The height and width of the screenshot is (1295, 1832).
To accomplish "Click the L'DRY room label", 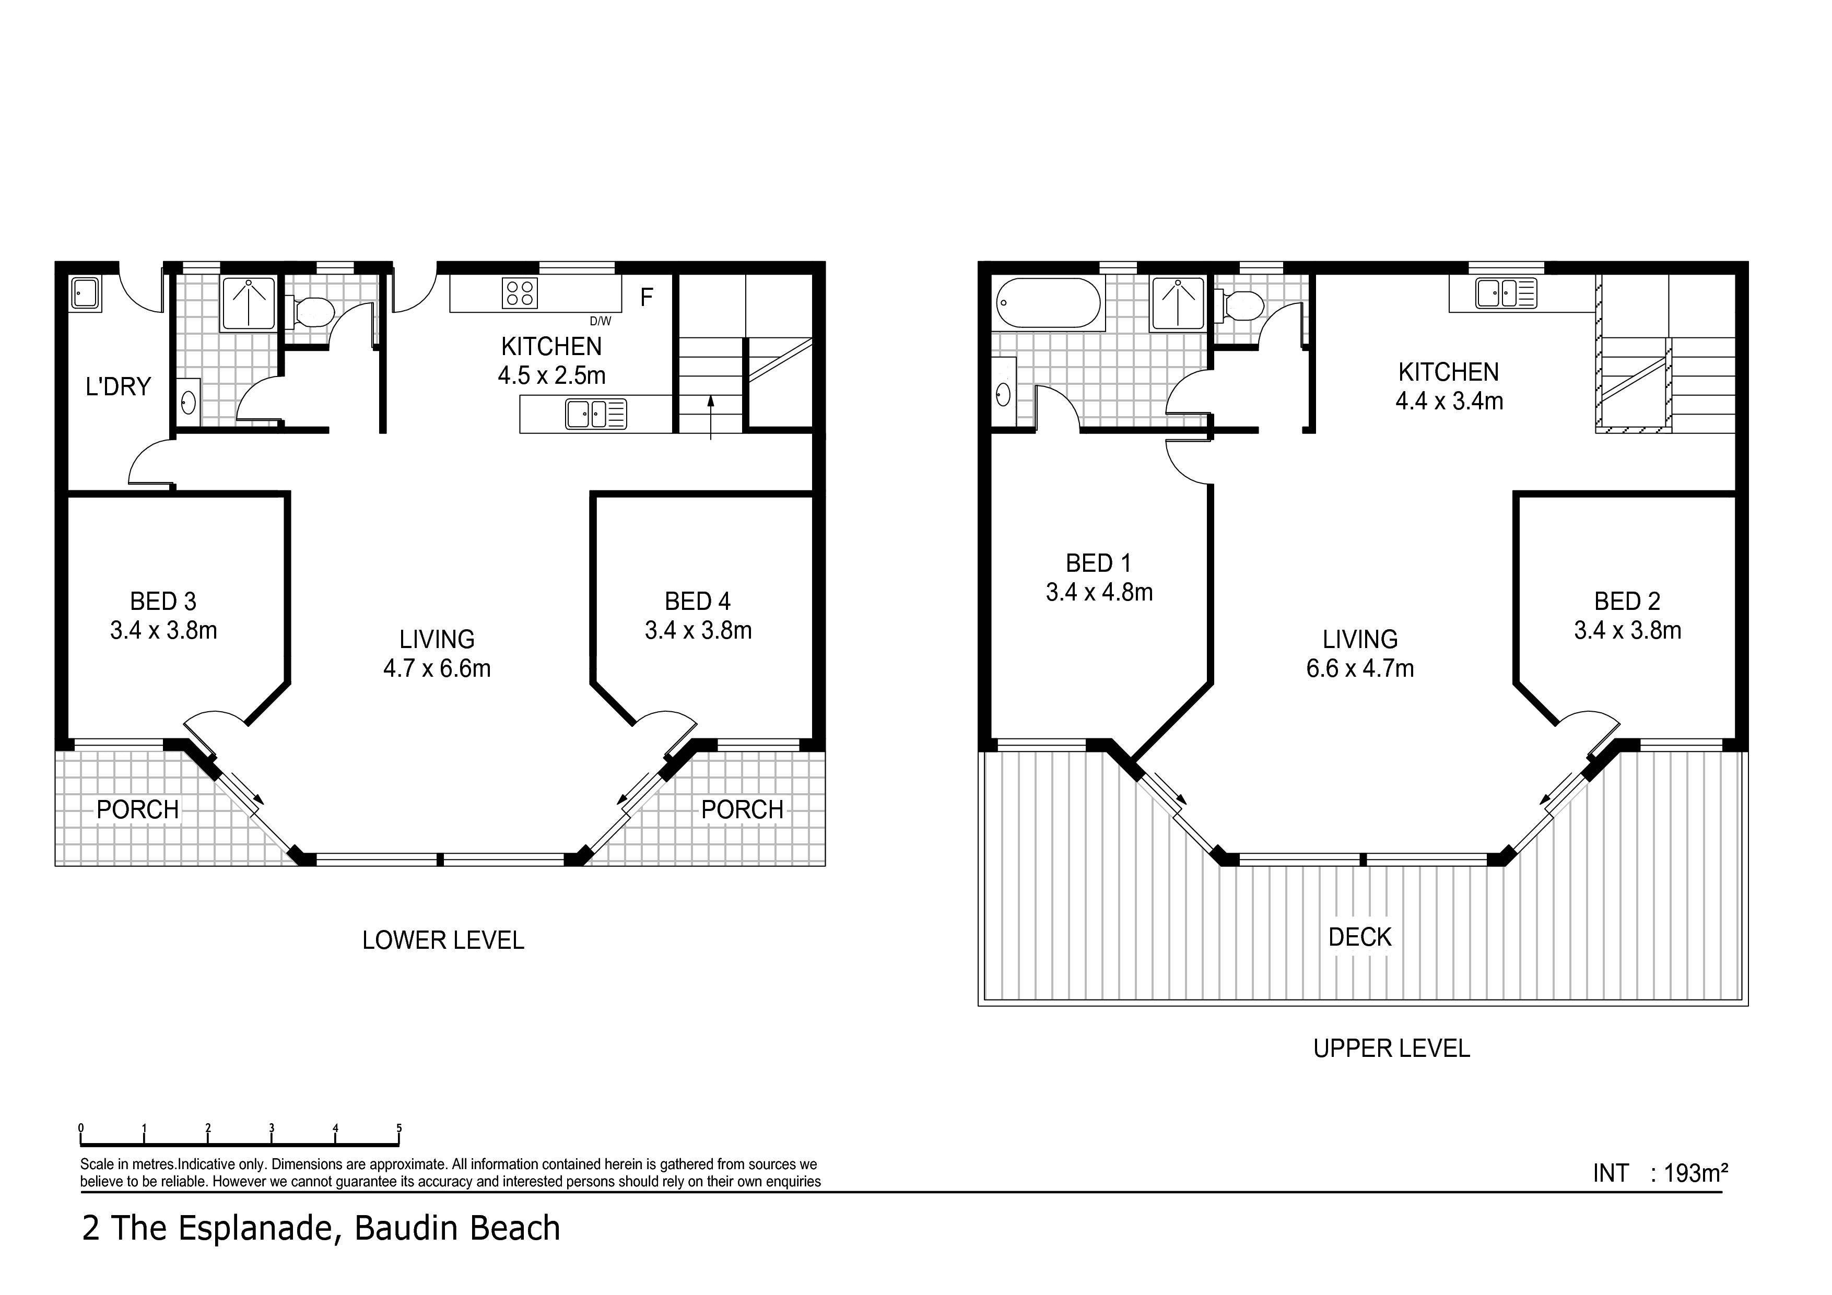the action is pyautogui.click(x=118, y=387).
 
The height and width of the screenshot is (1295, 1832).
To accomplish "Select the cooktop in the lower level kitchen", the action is pyautogui.click(x=520, y=293).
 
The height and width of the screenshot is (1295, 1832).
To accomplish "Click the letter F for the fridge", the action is pyautogui.click(x=647, y=298).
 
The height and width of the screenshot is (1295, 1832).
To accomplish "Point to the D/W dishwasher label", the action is pyautogui.click(x=601, y=322).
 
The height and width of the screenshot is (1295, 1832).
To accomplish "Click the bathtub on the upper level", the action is pyautogui.click(x=1049, y=303).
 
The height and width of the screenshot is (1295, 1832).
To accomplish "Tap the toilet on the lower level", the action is pyautogui.click(x=313, y=312).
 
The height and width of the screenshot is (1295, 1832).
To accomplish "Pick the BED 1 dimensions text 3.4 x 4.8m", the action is pyautogui.click(x=1099, y=593).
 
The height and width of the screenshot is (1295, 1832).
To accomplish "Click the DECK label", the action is pyautogui.click(x=1359, y=937).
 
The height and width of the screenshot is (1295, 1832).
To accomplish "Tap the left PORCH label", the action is pyautogui.click(x=137, y=810).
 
